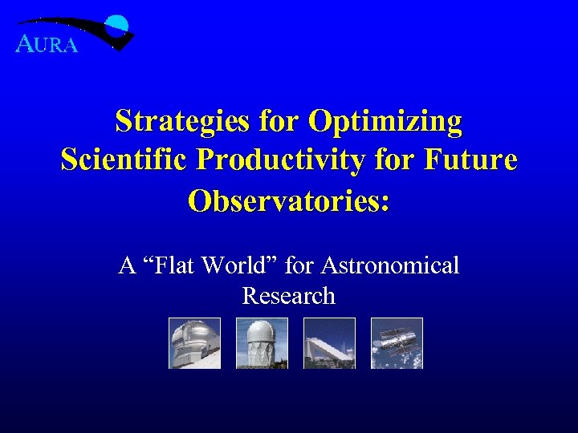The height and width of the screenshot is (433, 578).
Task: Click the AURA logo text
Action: (x=47, y=45)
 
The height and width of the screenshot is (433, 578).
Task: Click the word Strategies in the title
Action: (x=182, y=122)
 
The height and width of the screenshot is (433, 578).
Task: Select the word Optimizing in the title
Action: (x=385, y=122)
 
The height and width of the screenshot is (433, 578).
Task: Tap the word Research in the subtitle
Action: (x=288, y=296)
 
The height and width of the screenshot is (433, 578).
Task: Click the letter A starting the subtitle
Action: (x=126, y=265)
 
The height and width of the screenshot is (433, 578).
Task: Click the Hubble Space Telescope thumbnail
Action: (x=397, y=343)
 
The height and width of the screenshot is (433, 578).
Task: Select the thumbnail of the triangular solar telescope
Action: (x=329, y=343)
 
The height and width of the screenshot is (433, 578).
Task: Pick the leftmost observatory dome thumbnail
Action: (x=194, y=343)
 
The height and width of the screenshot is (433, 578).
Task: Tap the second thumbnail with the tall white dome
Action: (x=262, y=343)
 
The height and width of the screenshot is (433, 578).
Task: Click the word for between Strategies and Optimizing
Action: (x=280, y=122)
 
